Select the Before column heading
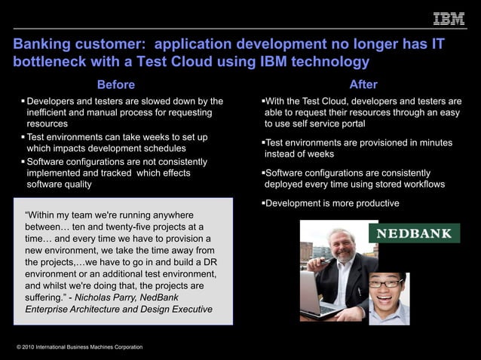coord(116,84)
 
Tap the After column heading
coord(363,84)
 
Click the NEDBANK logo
coord(413,233)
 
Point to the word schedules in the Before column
coord(161,148)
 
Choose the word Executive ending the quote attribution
coord(188,309)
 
